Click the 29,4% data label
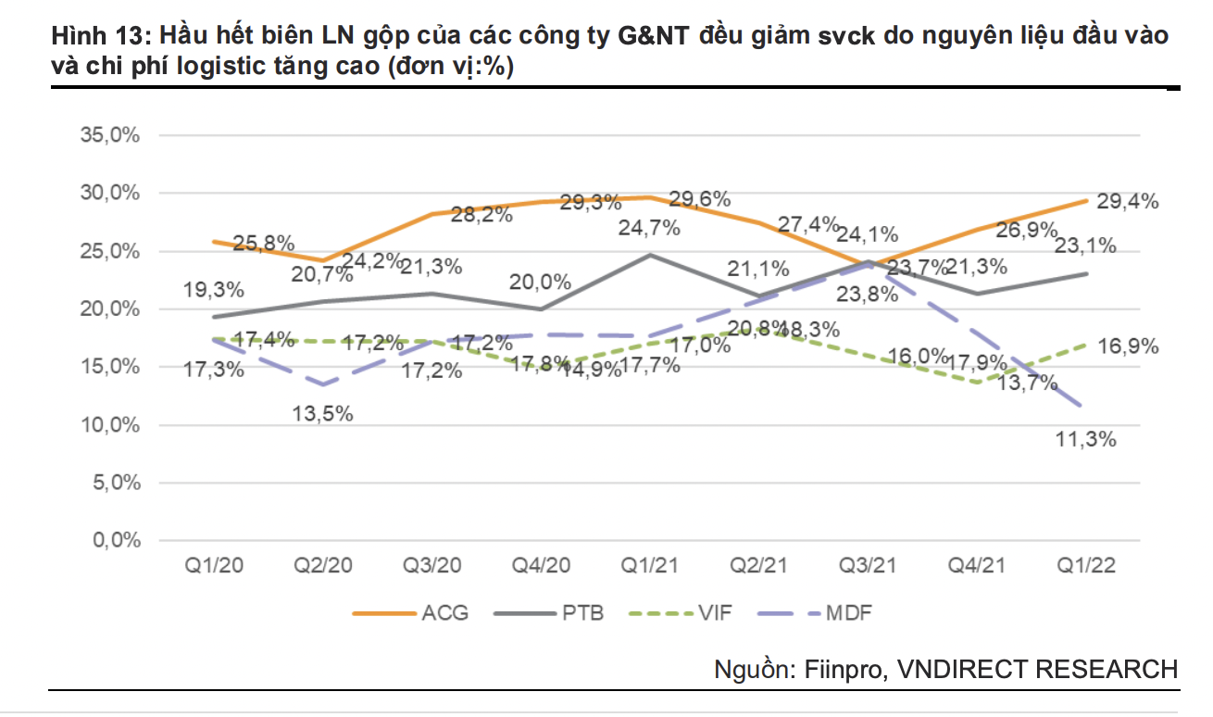1128,202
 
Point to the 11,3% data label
1085,440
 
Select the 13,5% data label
322,414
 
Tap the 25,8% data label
264,244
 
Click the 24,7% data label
649,228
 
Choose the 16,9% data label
1128,347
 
